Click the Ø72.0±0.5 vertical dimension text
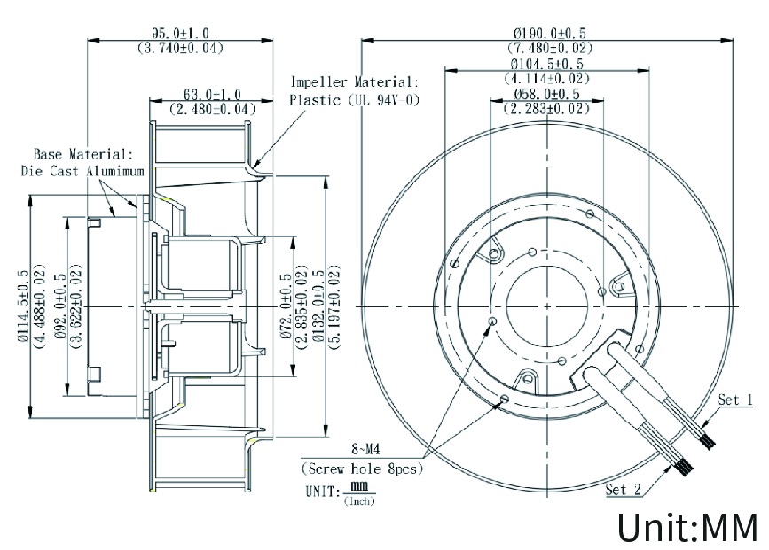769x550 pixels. (x=286, y=306)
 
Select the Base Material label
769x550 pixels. (x=83, y=153)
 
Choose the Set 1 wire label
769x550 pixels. (x=735, y=400)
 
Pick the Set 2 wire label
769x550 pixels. (x=623, y=489)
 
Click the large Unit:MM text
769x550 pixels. (x=687, y=526)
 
